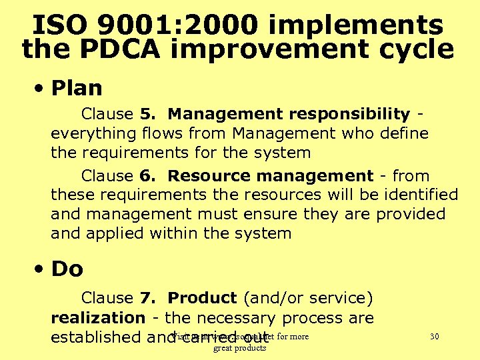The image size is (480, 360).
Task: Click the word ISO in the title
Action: (62, 25)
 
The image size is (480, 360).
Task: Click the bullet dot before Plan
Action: (41, 88)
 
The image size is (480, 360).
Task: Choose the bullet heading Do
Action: (67, 269)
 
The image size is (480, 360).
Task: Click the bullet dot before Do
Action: (41, 269)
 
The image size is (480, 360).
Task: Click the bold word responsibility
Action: (342, 115)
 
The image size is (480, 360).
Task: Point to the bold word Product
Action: (203, 298)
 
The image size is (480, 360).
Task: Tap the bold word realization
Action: (98, 318)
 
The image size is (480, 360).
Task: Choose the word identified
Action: (419, 195)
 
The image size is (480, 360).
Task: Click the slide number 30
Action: (434, 336)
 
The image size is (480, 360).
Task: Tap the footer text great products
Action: (239, 347)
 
